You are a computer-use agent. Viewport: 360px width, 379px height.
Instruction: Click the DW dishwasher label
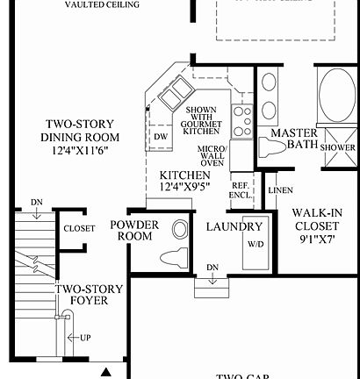click(161, 136)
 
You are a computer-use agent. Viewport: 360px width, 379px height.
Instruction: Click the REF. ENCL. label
click(240, 190)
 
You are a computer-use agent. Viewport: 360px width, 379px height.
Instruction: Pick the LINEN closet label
click(281, 190)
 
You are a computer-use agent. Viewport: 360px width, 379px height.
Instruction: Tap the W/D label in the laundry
click(256, 244)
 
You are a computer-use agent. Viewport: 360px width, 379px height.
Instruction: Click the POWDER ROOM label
click(134, 232)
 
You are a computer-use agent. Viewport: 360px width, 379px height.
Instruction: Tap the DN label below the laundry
click(212, 267)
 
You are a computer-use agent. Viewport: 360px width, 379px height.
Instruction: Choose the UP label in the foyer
click(84, 337)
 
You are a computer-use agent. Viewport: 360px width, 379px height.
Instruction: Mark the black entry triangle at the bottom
click(106, 372)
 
